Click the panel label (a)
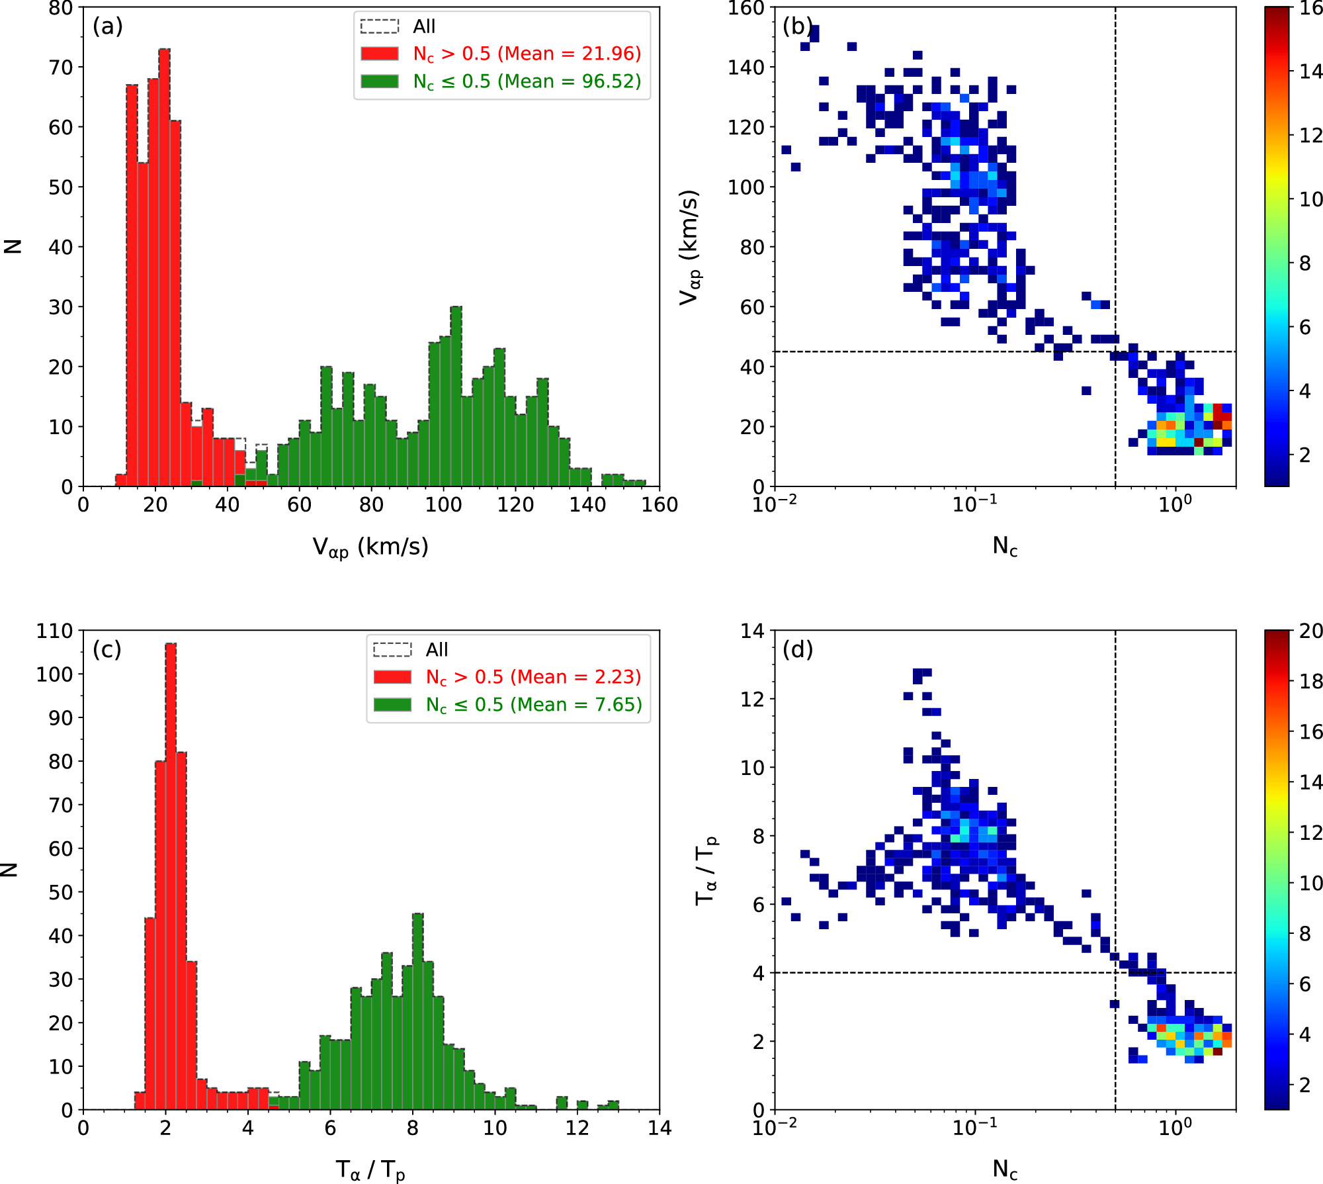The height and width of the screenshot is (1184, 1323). [108, 26]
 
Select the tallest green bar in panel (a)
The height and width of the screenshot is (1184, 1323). [456, 397]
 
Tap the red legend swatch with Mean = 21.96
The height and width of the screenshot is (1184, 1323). [379, 54]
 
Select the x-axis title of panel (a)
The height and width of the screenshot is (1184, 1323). [370, 547]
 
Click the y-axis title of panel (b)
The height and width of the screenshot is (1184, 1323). [689, 247]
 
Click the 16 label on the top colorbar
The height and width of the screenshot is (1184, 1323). [1310, 9]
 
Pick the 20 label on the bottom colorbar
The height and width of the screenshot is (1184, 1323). [1310, 631]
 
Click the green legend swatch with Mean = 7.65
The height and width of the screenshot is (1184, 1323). [392, 705]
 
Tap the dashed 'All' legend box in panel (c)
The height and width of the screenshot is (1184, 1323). [392, 649]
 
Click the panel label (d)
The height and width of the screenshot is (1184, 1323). [798, 649]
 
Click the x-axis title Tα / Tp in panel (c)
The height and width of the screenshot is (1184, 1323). [370, 1169]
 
